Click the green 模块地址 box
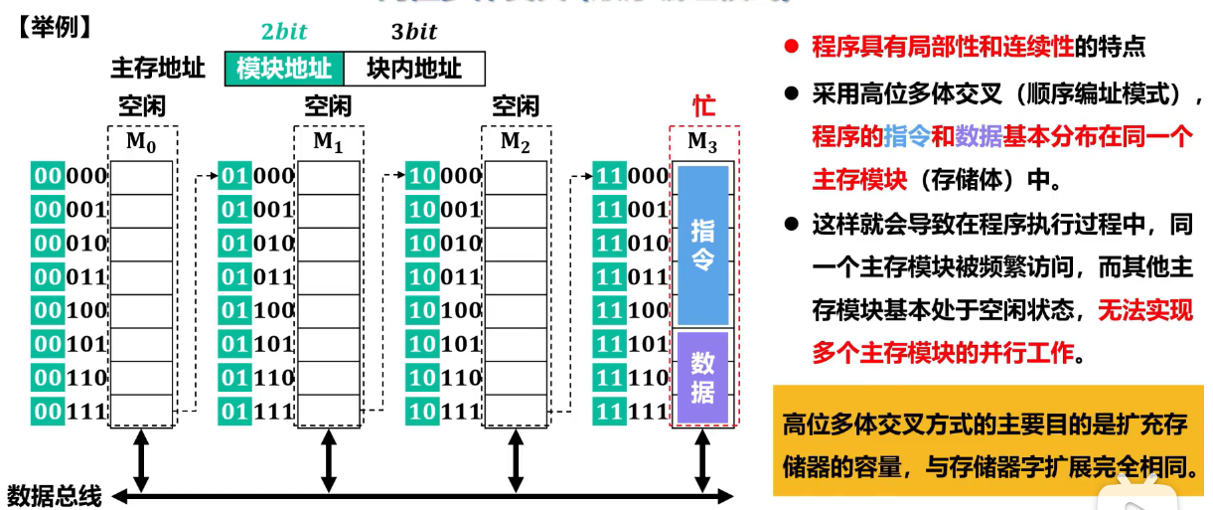(284, 68)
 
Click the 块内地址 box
(414, 68)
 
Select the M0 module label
(141, 142)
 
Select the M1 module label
(328, 142)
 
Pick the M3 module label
(702, 142)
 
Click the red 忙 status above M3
(703, 106)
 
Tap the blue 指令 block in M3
(703, 245)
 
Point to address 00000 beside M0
(70, 176)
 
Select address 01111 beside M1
(256, 411)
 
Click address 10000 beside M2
(443, 176)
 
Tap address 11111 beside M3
(631, 411)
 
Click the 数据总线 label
(55, 495)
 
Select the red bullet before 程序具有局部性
(792, 46)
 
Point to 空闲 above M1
(328, 106)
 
